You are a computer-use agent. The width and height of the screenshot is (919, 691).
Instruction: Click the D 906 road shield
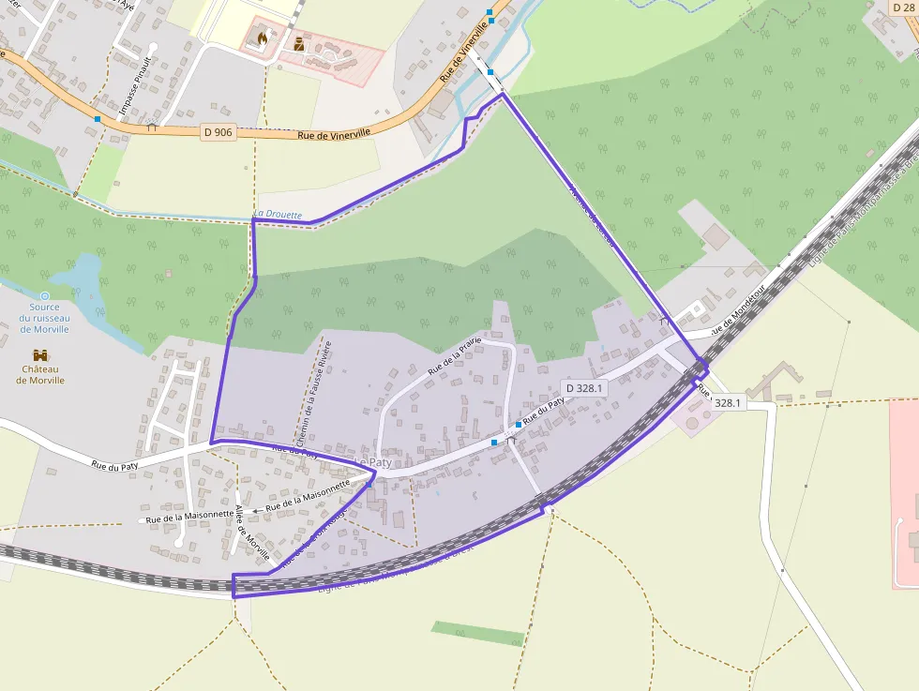(218, 132)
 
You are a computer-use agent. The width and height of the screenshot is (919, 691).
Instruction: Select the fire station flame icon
(260, 39)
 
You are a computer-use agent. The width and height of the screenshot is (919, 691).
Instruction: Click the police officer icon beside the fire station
(299, 43)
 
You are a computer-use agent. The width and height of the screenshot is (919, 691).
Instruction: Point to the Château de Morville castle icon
(40, 355)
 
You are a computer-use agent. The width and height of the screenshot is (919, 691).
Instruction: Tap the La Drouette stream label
(278, 215)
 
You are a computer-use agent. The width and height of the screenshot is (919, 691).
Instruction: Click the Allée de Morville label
(252, 533)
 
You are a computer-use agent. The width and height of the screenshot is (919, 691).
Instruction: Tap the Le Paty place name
(373, 463)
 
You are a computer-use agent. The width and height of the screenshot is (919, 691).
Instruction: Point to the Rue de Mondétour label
(737, 309)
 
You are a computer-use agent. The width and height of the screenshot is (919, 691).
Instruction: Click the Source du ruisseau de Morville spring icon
(44, 295)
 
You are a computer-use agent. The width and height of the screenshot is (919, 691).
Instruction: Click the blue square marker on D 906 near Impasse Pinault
(98, 119)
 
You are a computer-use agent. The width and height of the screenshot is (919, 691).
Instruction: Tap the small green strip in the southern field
(477, 633)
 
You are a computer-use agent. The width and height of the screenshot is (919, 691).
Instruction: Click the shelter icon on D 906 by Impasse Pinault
(151, 127)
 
